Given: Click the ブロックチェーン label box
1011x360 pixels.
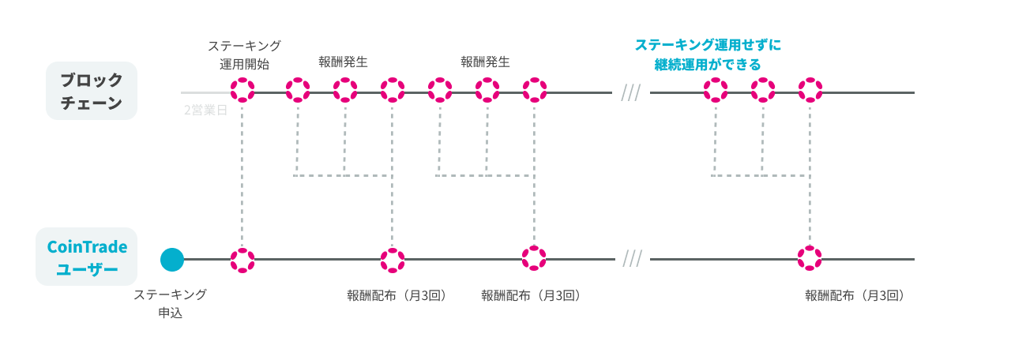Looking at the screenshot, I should pyautogui.click(x=92, y=91).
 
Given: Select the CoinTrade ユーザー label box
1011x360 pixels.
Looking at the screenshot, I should pyautogui.click(x=87, y=257).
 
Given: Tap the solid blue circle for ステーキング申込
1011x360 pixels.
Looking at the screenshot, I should pyautogui.click(x=172, y=259).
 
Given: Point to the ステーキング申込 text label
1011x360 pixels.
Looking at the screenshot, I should pyautogui.click(x=170, y=303).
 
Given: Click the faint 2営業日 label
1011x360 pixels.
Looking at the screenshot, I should pyautogui.click(x=205, y=110).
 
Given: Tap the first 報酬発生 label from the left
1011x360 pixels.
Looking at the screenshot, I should pyautogui.click(x=344, y=61).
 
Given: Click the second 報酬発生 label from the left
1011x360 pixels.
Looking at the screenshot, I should pyautogui.click(x=486, y=61).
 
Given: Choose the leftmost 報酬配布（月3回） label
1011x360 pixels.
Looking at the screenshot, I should pyautogui.click(x=397, y=296).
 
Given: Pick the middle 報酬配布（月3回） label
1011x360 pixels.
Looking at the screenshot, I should pyautogui.click(x=532, y=296).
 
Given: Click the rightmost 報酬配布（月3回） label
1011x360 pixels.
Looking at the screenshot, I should pyautogui.click(x=855, y=296).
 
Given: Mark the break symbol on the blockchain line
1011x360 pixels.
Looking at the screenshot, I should pyautogui.click(x=630, y=92).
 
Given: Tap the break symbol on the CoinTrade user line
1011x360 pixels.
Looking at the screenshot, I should pyautogui.click(x=632, y=258).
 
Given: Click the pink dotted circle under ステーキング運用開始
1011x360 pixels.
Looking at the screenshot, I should pyautogui.click(x=242, y=90).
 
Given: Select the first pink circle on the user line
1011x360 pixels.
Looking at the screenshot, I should pyautogui.click(x=242, y=260).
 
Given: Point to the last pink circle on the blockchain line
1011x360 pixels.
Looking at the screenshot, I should pyautogui.click(x=810, y=90).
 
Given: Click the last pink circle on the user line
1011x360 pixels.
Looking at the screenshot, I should pyautogui.click(x=810, y=258).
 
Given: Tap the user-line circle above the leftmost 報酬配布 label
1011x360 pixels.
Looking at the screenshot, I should pyautogui.click(x=393, y=260).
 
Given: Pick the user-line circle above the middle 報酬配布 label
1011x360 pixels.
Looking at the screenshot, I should pyautogui.click(x=534, y=257).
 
